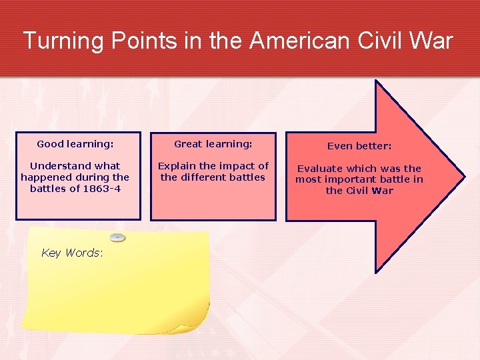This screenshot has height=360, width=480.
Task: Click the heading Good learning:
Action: click(75, 144)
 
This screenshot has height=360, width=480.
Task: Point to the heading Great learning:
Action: click(213, 144)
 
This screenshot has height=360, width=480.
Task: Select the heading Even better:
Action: click(359, 146)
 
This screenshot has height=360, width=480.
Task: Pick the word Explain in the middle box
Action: click(177, 166)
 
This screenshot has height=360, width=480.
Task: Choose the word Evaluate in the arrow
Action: click(322, 169)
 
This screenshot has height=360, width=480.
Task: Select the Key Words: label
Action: click(72, 253)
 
